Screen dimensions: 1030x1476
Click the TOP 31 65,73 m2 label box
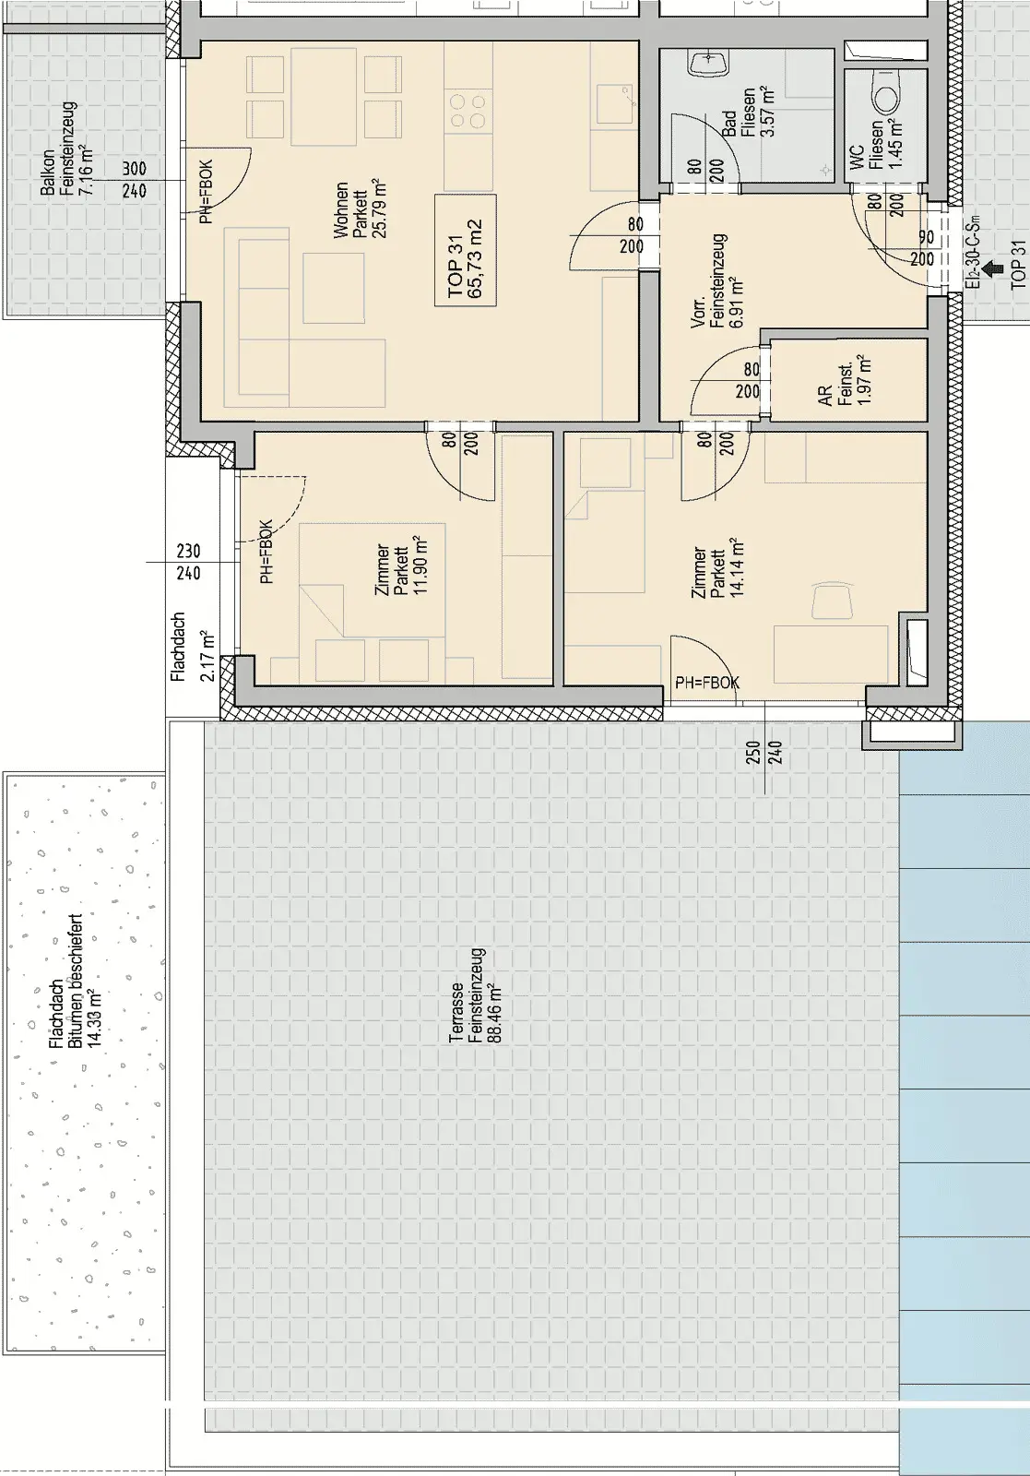[465, 250]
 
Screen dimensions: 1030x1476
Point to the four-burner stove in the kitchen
[468, 111]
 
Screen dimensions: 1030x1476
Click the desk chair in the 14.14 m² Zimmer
[833, 599]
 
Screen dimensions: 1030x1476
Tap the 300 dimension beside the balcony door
[134, 169]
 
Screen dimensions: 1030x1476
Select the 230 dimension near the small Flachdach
[188, 551]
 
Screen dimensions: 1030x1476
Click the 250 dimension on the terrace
[753, 753]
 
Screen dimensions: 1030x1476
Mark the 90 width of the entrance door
[927, 236]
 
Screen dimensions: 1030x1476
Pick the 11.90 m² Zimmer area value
[420, 565]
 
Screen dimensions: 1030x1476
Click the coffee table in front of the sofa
[334, 288]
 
